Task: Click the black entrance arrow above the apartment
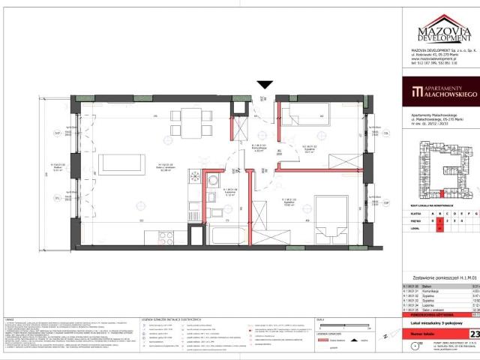[x=264, y=85]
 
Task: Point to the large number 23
[x=475, y=313]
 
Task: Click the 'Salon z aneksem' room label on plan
[x=163, y=167]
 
